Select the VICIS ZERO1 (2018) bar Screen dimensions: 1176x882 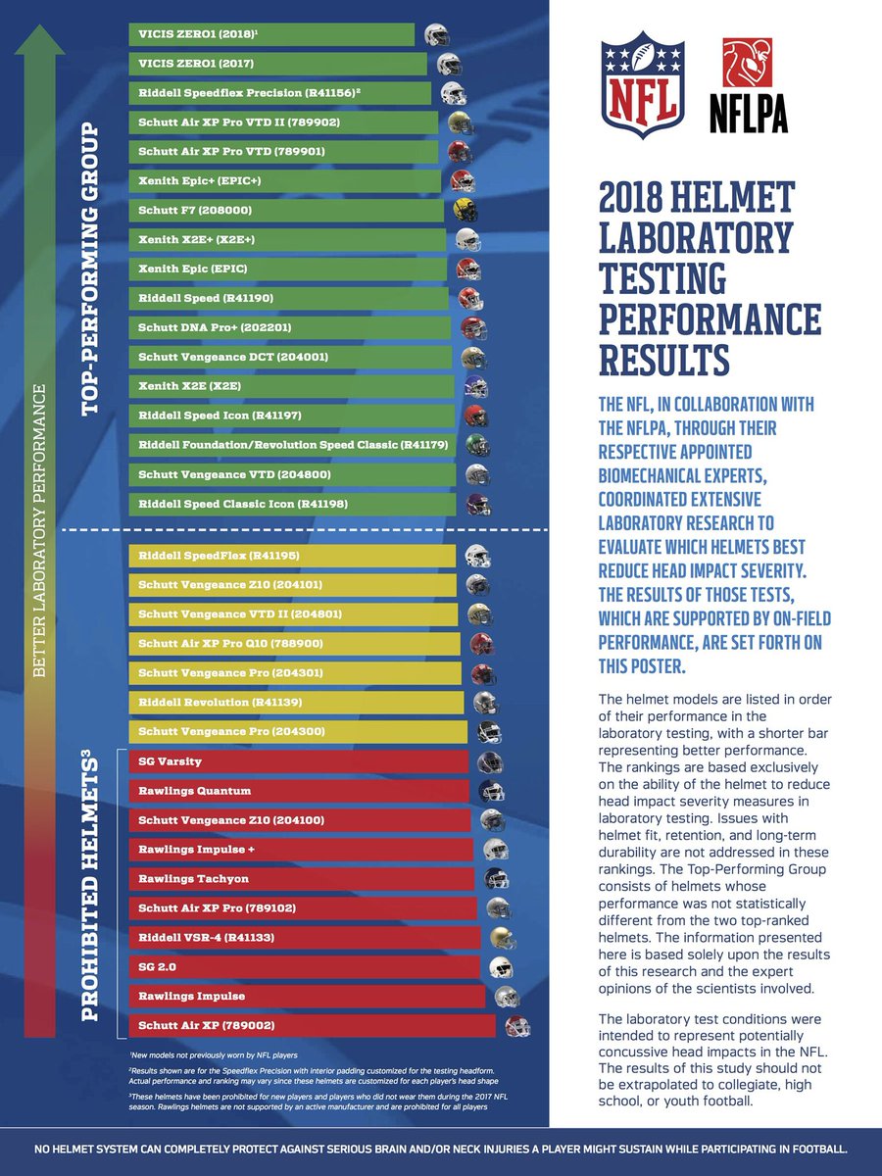click(x=271, y=34)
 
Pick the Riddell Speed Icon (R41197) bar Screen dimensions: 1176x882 click(x=292, y=416)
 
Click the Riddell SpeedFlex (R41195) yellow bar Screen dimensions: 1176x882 click(x=292, y=556)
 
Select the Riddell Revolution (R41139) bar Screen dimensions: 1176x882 click(x=296, y=703)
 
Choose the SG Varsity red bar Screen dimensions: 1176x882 click(x=298, y=761)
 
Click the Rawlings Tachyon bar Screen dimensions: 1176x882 click(x=303, y=879)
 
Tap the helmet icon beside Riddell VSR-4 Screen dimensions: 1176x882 click(x=501, y=937)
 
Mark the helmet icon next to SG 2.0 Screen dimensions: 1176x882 click(x=501, y=967)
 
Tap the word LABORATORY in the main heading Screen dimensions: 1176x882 click(x=695, y=238)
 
